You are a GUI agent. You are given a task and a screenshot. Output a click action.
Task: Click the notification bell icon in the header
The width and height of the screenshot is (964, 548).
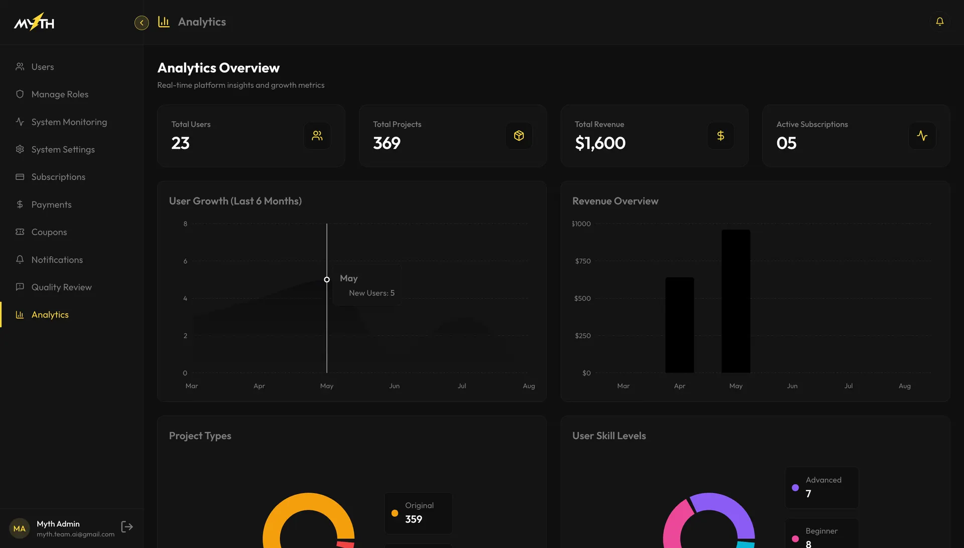click(x=939, y=22)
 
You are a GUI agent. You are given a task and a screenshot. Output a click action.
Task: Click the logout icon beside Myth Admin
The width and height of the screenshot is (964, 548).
click(x=127, y=526)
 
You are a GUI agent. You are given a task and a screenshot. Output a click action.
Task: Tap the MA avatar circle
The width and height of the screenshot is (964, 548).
click(x=20, y=528)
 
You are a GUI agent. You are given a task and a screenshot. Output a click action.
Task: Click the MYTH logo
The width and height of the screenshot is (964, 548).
click(x=34, y=22)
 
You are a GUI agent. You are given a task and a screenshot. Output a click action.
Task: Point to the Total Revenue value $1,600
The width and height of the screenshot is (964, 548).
click(x=600, y=143)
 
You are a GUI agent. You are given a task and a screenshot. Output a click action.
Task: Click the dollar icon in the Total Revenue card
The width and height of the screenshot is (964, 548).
click(x=720, y=136)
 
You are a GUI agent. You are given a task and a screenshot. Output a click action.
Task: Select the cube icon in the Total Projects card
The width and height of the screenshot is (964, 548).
click(x=519, y=136)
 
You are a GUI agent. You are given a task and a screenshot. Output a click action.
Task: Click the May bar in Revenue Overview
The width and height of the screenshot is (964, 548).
click(x=736, y=301)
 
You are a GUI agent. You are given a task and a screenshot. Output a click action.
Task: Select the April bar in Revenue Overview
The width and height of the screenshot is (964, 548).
click(x=679, y=325)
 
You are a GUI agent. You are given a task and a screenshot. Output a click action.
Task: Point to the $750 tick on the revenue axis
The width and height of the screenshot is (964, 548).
click(x=582, y=261)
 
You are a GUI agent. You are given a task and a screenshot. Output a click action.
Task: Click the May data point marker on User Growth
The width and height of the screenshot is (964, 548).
click(x=327, y=279)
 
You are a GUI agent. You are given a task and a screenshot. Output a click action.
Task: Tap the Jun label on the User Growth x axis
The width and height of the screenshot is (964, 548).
click(x=394, y=386)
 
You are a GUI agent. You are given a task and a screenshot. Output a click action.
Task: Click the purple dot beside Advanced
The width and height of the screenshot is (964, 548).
click(x=795, y=488)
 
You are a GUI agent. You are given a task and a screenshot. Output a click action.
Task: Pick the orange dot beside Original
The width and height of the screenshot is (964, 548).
click(x=395, y=513)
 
